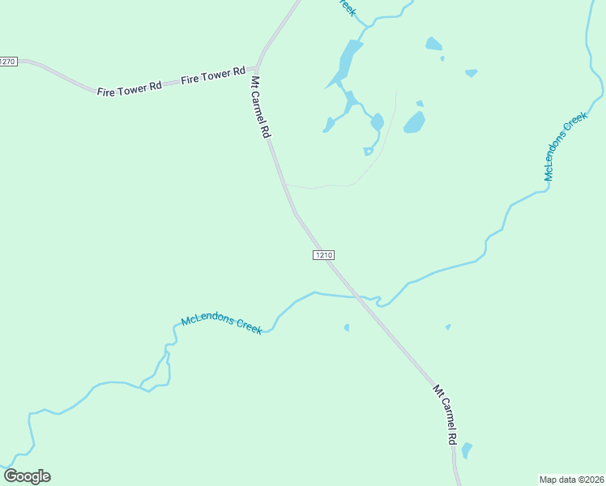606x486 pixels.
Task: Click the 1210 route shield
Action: point(322,255)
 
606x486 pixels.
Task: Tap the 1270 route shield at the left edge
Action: point(8,62)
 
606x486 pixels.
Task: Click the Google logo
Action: point(27,476)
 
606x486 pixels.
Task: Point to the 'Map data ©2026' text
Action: point(571,480)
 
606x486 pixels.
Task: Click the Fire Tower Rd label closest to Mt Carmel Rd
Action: point(213,75)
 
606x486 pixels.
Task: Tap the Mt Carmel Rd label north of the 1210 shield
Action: point(259,108)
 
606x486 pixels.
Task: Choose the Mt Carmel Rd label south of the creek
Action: point(445,414)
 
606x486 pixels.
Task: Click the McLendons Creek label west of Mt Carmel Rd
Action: point(221,324)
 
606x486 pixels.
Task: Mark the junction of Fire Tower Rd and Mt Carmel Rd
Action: point(258,66)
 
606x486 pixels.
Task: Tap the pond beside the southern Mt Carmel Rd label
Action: point(466,450)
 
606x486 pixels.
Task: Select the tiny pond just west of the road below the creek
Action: point(347,328)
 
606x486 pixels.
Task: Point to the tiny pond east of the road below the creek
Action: point(447,326)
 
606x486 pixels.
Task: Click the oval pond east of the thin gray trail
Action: point(415,122)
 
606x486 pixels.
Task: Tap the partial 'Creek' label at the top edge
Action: point(347,7)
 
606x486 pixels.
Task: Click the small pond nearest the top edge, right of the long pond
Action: point(433,44)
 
